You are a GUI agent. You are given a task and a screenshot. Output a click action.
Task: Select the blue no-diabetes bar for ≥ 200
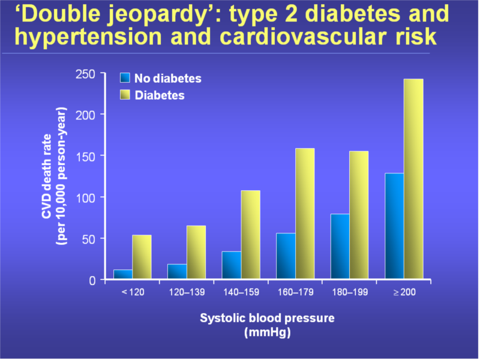[x=394, y=226]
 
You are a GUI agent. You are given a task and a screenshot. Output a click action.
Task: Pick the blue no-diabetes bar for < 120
[x=123, y=274]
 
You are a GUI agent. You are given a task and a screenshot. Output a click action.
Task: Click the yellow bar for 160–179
[x=305, y=214]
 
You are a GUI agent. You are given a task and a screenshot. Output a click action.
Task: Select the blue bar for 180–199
[x=340, y=246]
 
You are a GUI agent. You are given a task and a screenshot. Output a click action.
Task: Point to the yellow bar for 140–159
[x=250, y=235]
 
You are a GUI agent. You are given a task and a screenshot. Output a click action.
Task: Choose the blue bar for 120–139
[x=177, y=271]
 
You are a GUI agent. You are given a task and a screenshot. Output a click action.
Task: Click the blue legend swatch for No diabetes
[x=125, y=78]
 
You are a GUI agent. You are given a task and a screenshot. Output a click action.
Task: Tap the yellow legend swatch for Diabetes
[x=125, y=95]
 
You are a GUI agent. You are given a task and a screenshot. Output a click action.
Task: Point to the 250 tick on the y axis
[x=85, y=74]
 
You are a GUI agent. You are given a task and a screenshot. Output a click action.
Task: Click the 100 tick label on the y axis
[x=85, y=197]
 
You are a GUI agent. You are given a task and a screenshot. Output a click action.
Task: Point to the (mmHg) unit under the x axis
[x=267, y=332]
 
